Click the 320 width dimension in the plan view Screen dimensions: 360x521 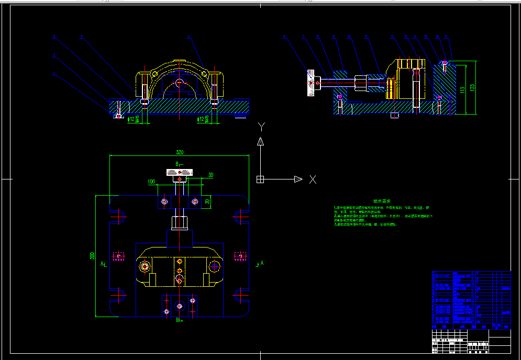(180, 153)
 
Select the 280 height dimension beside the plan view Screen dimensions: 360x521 (93, 256)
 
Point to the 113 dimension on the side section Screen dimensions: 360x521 (463, 89)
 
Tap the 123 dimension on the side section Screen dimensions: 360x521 (472, 87)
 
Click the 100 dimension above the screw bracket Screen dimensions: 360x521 (151, 182)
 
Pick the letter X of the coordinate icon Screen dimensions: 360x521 (313, 179)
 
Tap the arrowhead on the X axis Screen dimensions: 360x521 (298, 179)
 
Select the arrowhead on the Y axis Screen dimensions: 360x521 (260, 141)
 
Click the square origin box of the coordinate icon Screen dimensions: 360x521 (260, 179)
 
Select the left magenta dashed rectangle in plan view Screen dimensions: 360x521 (119, 256)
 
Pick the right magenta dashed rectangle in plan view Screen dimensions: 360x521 (240, 256)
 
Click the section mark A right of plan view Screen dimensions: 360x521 (262, 263)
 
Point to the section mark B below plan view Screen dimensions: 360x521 (178, 319)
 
